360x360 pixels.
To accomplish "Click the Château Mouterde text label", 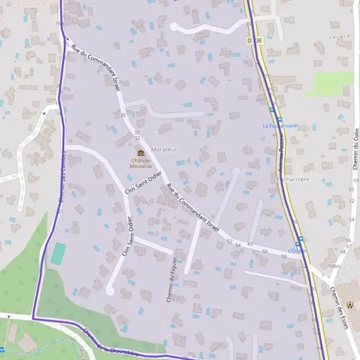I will coord(141,163).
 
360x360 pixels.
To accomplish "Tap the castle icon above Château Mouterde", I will coord(141,154).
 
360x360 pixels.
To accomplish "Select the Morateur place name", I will coord(164,149).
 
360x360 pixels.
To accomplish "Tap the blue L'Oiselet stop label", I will coord(297,250).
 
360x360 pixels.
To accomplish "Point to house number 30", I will coord(123,115).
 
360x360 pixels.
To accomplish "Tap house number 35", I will coord(137,132).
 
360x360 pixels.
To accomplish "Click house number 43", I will coord(250,244).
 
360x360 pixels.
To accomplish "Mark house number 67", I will coord(349,246).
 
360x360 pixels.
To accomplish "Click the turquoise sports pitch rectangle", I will coord(58,253).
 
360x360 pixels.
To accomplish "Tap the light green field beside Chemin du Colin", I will coord(334,83).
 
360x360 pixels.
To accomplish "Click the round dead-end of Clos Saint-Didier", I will coord(110,290).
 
